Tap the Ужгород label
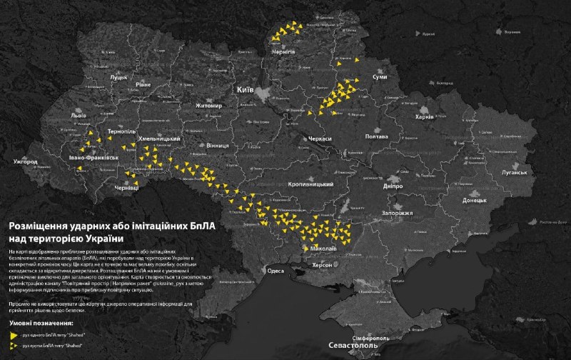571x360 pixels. coord(24,162)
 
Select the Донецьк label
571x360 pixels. coord(474,201)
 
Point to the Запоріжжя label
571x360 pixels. coord(395,213)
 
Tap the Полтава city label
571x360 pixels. coord(375,136)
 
